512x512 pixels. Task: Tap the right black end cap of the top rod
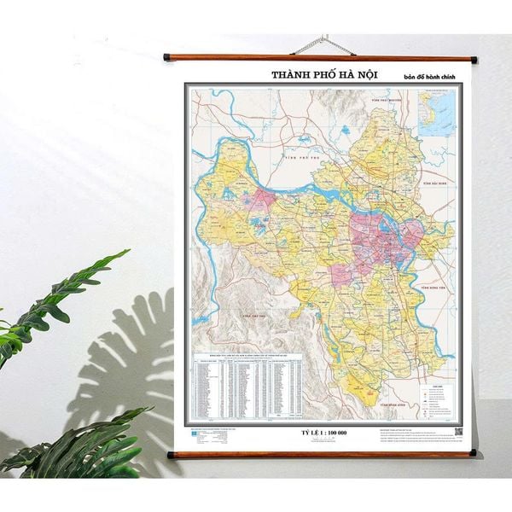coord(474,59)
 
